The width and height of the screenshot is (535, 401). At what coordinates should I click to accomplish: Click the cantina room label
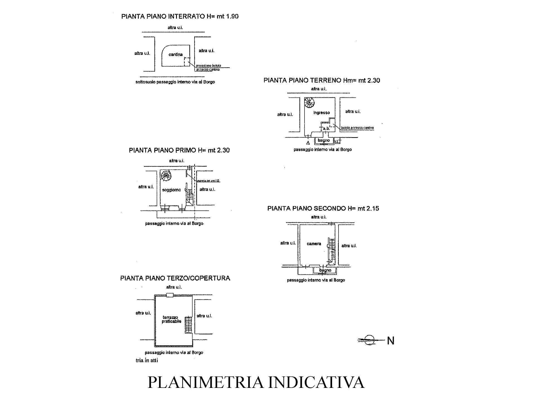point(175,55)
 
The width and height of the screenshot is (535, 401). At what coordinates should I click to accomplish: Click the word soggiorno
point(171,190)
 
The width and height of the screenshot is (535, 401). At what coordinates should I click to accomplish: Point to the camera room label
point(314,244)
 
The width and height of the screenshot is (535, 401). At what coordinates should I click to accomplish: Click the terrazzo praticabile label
point(171,319)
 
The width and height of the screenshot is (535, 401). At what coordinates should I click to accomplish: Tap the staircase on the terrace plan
point(189,325)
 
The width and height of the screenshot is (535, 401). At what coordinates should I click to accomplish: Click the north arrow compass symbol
point(369,340)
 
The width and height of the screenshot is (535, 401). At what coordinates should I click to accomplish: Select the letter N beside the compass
point(391,341)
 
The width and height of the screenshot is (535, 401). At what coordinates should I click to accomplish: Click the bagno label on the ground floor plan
point(324,140)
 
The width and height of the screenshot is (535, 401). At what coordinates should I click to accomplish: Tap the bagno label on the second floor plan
point(325,270)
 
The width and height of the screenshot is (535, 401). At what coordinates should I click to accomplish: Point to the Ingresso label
point(321,113)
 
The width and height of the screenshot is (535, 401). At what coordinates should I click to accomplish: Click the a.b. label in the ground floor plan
point(326,128)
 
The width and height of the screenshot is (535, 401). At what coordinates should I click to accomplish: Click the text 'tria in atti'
point(147,360)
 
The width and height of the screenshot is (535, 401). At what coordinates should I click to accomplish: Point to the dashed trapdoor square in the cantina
point(187,62)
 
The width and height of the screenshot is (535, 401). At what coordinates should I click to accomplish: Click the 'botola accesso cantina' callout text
point(357,128)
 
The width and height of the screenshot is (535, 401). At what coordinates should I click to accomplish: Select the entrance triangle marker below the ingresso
point(308,143)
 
